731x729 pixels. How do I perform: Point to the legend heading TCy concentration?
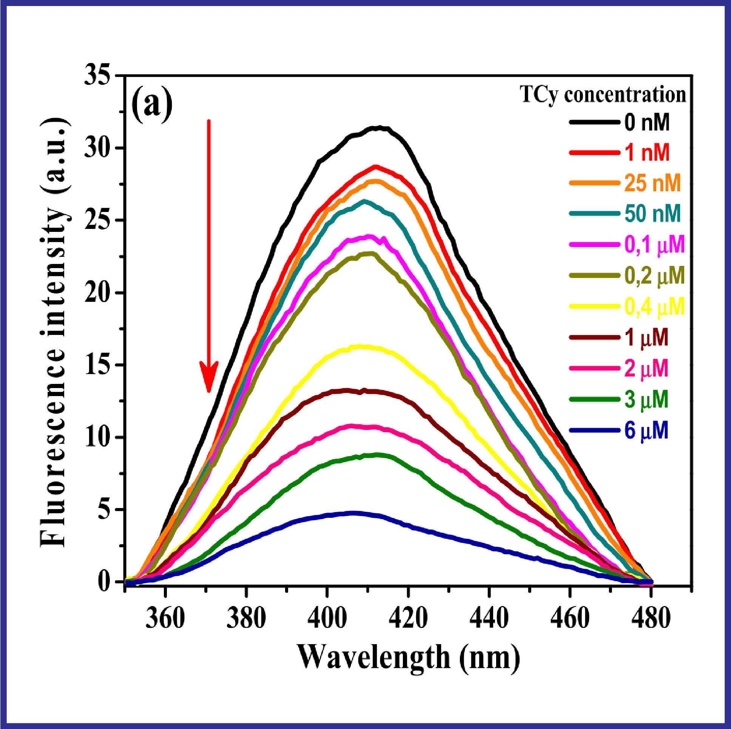click(x=603, y=94)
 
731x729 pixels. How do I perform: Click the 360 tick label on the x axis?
click(x=165, y=618)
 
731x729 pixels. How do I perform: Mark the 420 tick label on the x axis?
click(x=408, y=618)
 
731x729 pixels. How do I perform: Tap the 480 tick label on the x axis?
click(x=651, y=618)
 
